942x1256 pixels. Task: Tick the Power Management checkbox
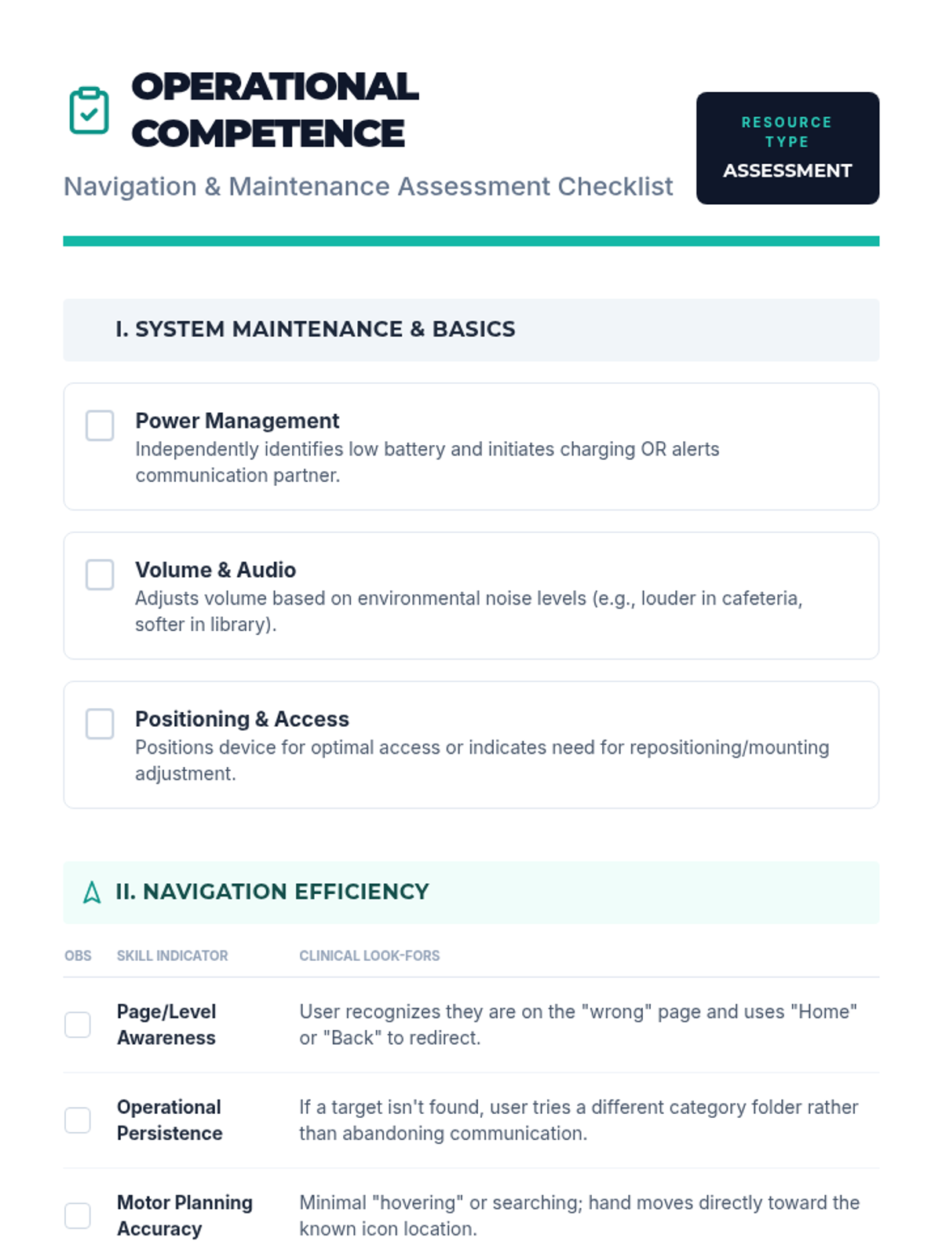100,425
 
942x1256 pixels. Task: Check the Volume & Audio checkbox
100,575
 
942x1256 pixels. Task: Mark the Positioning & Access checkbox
100,724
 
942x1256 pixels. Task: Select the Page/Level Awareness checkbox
78,1024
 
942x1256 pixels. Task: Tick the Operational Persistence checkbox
78,1120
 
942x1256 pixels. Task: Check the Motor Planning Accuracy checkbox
78,1215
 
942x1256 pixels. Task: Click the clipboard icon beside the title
89,111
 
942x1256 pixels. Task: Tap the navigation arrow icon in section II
92,893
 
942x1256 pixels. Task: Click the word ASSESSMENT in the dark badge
787,170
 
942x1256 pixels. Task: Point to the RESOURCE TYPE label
787,132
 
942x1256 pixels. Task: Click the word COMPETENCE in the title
268,133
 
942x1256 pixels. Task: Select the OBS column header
78,955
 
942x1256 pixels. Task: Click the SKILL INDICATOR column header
172,955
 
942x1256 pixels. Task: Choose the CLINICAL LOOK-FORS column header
369,955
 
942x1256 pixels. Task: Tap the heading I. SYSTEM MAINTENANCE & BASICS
315,329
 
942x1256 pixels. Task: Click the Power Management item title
237,421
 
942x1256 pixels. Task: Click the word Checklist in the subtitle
615,187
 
